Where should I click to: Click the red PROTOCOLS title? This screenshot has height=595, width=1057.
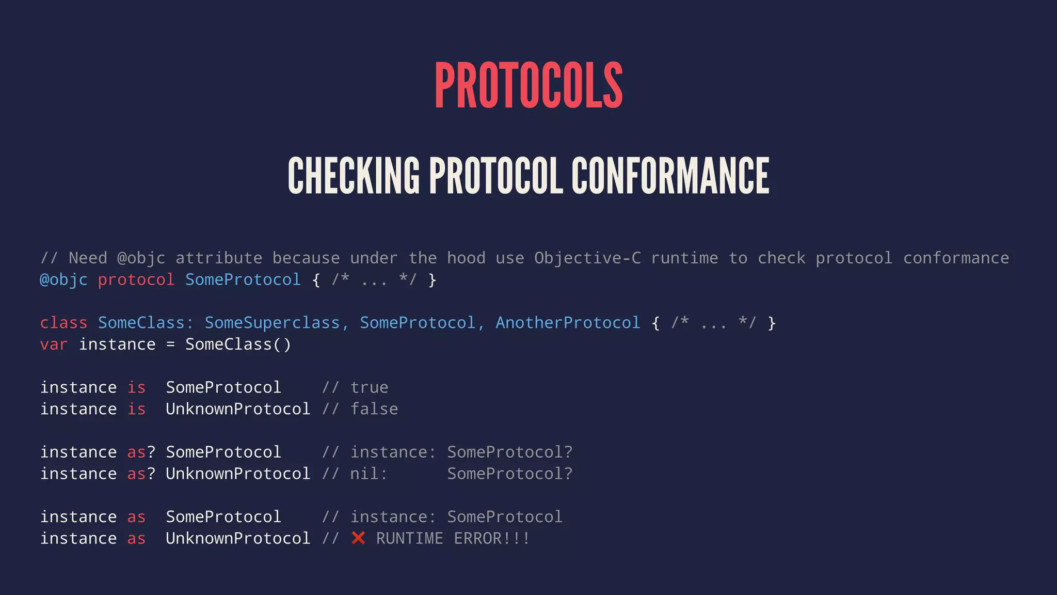pos(528,85)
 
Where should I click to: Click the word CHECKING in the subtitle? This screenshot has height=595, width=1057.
pos(354,176)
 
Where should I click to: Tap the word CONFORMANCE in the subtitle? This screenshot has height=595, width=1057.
pos(670,176)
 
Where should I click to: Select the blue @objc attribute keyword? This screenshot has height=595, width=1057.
pos(63,280)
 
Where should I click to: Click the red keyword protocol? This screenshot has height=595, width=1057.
pos(136,280)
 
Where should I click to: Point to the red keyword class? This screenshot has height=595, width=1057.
pos(63,323)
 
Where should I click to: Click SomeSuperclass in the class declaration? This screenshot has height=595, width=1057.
pos(272,323)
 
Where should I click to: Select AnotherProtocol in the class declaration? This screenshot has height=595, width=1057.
pos(568,323)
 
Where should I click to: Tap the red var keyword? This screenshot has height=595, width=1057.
pos(54,345)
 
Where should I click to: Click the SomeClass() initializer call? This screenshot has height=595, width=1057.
pos(238,345)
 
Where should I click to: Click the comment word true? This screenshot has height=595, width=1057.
pos(369,387)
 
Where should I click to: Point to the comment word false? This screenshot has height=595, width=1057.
pos(374,409)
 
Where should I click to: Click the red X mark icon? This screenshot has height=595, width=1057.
pos(358,538)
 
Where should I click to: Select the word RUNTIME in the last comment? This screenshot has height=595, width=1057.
pos(409,539)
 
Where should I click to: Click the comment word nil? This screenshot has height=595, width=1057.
pos(369,474)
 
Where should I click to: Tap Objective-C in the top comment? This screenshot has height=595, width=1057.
pos(587,258)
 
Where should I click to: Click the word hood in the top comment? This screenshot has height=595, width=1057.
pos(466,258)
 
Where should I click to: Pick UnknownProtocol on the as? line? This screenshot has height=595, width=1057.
pos(238,474)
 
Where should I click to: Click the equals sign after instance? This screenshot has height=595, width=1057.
pos(170,345)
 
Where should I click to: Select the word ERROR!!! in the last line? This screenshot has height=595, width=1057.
pos(491,539)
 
